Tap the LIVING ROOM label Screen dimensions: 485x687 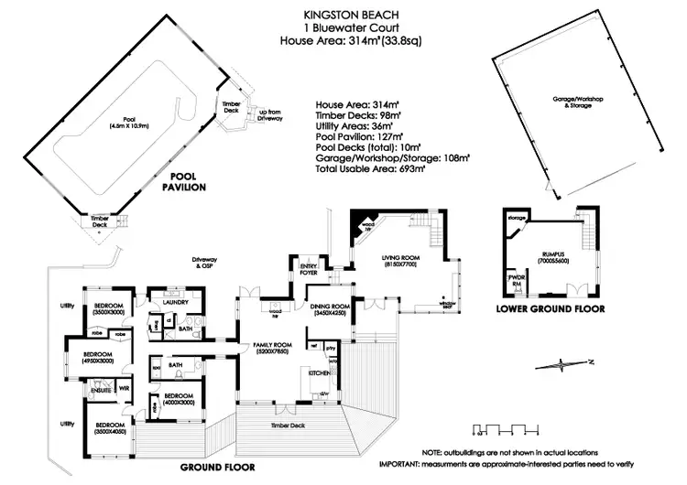399,260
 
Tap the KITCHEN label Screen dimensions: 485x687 317,374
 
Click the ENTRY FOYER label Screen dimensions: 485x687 308,268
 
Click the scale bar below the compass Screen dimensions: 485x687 502,428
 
